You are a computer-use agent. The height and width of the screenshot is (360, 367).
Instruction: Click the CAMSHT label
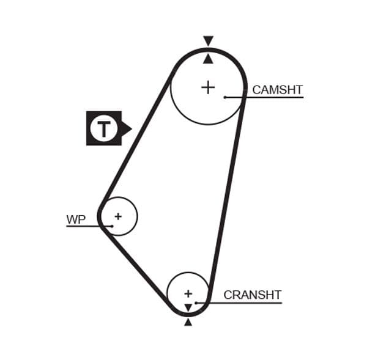(x=277, y=90)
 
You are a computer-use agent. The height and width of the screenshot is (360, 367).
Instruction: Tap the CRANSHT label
(x=252, y=295)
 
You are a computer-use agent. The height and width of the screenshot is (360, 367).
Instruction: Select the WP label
(x=76, y=219)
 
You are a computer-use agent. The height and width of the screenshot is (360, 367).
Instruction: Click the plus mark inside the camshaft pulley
(x=208, y=87)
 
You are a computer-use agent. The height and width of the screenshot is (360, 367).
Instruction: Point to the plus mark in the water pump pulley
(x=118, y=216)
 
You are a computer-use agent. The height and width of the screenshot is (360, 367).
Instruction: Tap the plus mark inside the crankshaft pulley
(x=188, y=293)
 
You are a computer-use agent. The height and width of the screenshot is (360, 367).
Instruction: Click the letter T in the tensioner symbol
(x=103, y=128)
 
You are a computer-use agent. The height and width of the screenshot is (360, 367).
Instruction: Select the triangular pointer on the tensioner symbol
(x=127, y=128)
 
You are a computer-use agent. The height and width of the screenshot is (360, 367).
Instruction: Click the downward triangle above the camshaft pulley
(x=208, y=41)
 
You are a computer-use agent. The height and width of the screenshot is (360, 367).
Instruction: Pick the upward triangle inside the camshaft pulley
(x=208, y=59)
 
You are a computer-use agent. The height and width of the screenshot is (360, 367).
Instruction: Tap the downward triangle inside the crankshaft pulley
(x=188, y=307)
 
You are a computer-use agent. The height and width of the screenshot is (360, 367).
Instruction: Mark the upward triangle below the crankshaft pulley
(x=188, y=321)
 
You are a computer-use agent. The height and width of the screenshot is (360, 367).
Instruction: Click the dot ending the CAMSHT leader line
(x=225, y=97)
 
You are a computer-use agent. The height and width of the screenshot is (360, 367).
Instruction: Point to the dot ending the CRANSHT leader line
(x=196, y=303)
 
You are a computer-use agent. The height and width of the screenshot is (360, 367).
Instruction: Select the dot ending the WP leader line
(x=112, y=226)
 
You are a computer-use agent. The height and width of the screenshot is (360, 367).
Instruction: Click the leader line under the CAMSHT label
(x=269, y=97)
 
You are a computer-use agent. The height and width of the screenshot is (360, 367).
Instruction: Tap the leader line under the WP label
(x=86, y=226)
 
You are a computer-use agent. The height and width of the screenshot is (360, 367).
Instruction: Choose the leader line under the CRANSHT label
(x=245, y=303)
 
